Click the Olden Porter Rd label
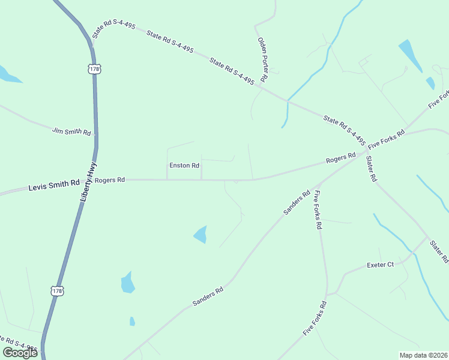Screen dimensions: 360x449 pos(263,59)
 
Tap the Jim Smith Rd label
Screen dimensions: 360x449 pos(71,131)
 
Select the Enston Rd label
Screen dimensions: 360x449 pos(184,165)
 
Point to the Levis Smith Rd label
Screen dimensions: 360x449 pos(54,187)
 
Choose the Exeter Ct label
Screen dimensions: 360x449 pos(381,265)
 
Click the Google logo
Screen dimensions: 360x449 pos(20,353)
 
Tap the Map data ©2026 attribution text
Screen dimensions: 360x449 pos(423,355)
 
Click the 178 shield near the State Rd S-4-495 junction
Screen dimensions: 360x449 pos(94,68)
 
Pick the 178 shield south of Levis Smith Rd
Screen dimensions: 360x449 pos(56,291)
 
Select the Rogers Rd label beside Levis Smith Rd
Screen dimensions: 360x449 pos(110,179)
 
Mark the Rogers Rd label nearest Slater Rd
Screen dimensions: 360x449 pos(341,159)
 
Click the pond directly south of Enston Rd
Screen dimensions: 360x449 pos(200,235)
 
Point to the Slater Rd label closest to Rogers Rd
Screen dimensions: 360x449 pos(372,170)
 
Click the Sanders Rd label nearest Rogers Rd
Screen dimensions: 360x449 pos(297,203)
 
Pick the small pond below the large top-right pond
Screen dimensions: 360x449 pos(430,83)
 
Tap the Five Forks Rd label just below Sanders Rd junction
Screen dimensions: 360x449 pos(318,210)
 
